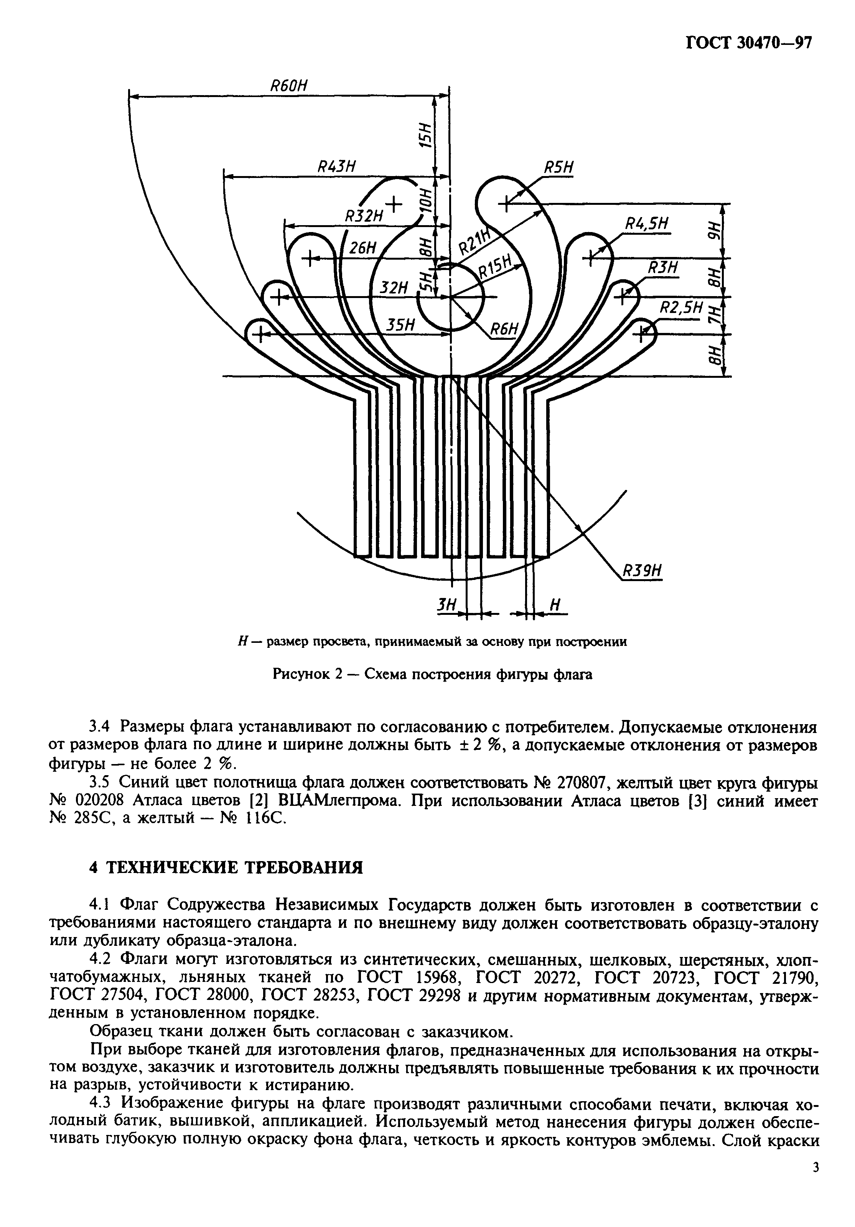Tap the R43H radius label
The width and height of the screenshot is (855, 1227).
coord(337,166)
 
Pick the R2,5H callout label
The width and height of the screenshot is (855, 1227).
coord(680,306)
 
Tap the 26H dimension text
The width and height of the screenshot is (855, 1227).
coord(363,248)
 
